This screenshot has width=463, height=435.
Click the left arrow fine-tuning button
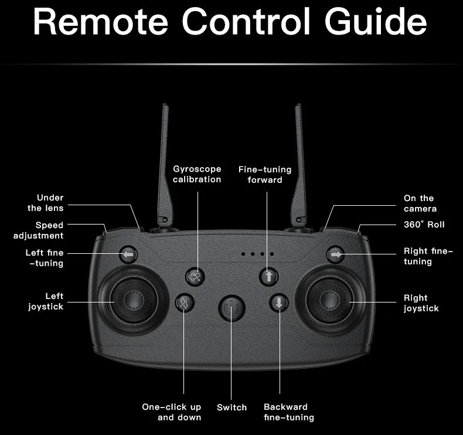[x=128, y=255]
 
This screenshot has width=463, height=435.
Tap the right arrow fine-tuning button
[x=335, y=254]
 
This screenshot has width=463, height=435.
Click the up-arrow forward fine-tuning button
[x=268, y=276]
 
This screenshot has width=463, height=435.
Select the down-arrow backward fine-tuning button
[x=279, y=303]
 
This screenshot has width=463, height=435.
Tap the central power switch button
[x=231, y=307]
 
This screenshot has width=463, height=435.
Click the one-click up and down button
[x=185, y=303]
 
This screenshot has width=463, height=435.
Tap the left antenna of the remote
[x=164, y=164]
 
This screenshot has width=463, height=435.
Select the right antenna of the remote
[x=299, y=164]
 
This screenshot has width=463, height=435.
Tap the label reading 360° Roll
[x=424, y=225]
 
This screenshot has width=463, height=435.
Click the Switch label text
[x=231, y=407]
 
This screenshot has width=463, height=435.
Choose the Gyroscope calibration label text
[x=197, y=174]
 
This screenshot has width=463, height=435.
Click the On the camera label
[x=420, y=203]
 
